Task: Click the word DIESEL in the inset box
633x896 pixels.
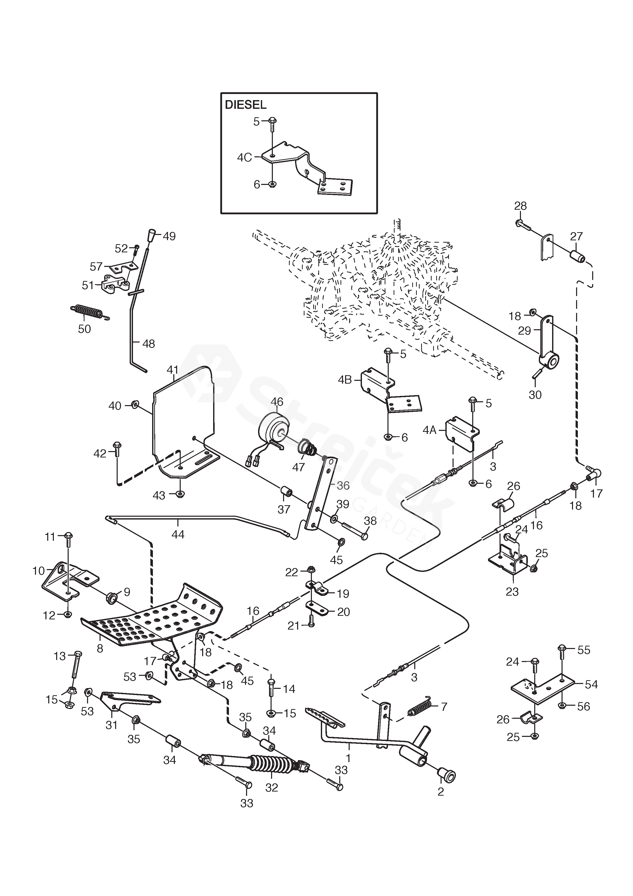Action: [x=246, y=105]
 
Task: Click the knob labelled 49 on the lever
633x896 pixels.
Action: [x=151, y=235]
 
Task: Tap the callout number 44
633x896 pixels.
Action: [x=178, y=534]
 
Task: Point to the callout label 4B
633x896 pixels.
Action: [x=345, y=380]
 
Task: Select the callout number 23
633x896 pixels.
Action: [x=512, y=592]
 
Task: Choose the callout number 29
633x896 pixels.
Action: [x=525, y=331]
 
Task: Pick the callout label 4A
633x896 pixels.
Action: [x=429, y=430]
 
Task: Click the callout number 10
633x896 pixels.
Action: [x=39, y=571]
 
